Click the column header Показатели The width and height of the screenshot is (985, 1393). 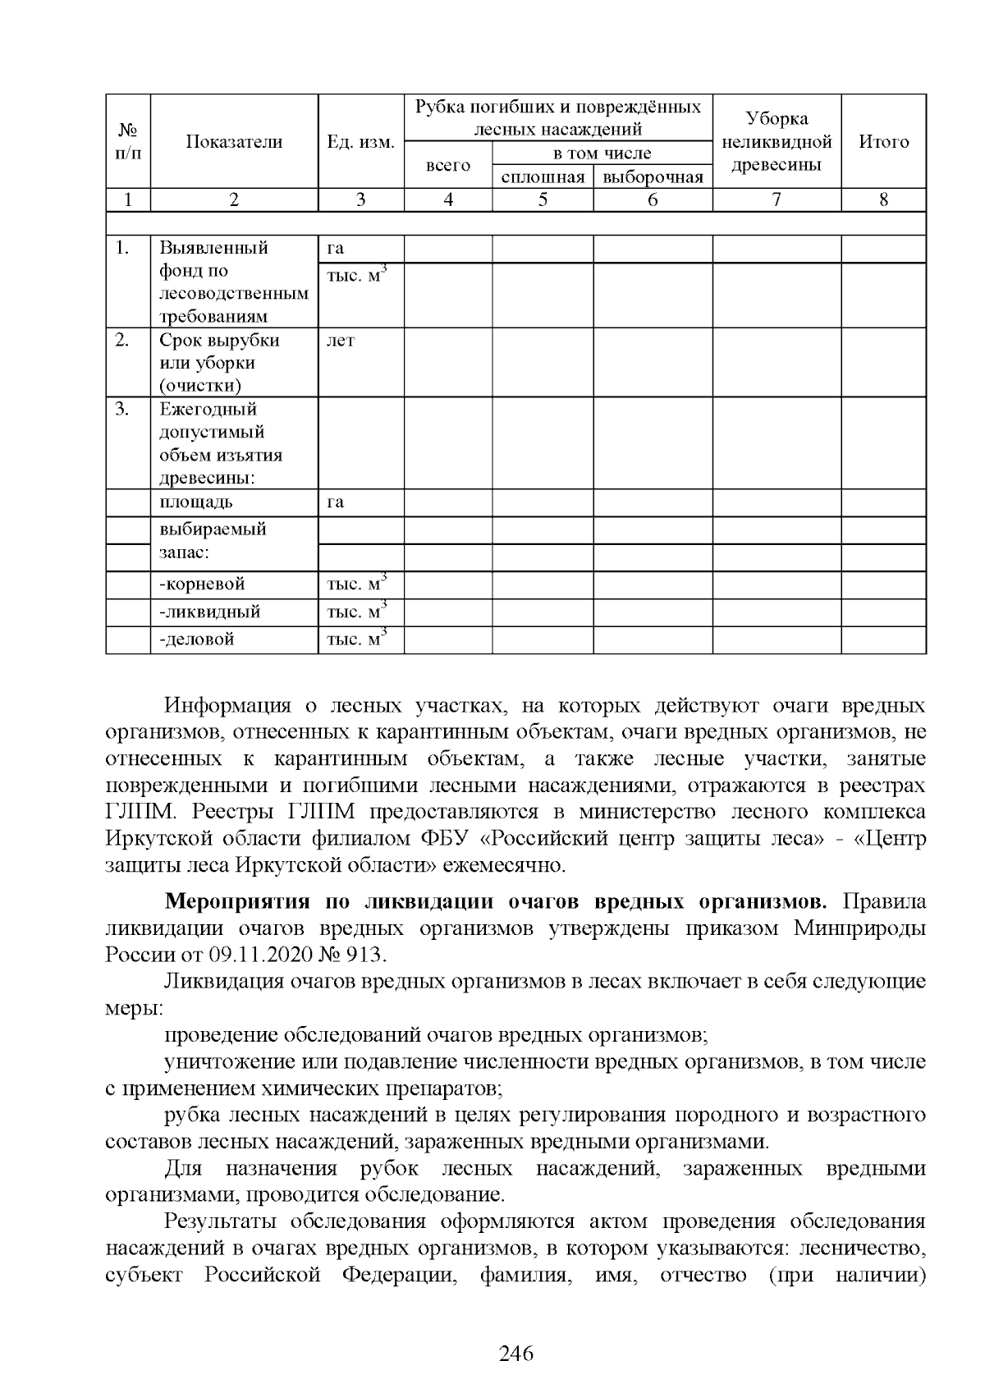click(234, 142)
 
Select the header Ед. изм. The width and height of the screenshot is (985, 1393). click(360, 142)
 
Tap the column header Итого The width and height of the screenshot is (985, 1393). click(883, 142)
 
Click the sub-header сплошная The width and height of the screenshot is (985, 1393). click(543, 177)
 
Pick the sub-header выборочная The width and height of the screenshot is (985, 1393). click(653, 177)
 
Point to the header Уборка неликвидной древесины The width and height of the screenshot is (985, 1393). click(777, 142)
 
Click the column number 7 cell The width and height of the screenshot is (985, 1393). click(777, 199)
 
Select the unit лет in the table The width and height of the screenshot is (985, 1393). click(341, 340)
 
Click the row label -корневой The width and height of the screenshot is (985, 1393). click(202, 584)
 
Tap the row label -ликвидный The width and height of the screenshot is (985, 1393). click(210, 612)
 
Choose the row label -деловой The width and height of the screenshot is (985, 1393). click(197, 639)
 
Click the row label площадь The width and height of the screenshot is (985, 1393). click(196, 502)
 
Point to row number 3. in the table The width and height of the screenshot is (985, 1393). click(122, 409)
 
